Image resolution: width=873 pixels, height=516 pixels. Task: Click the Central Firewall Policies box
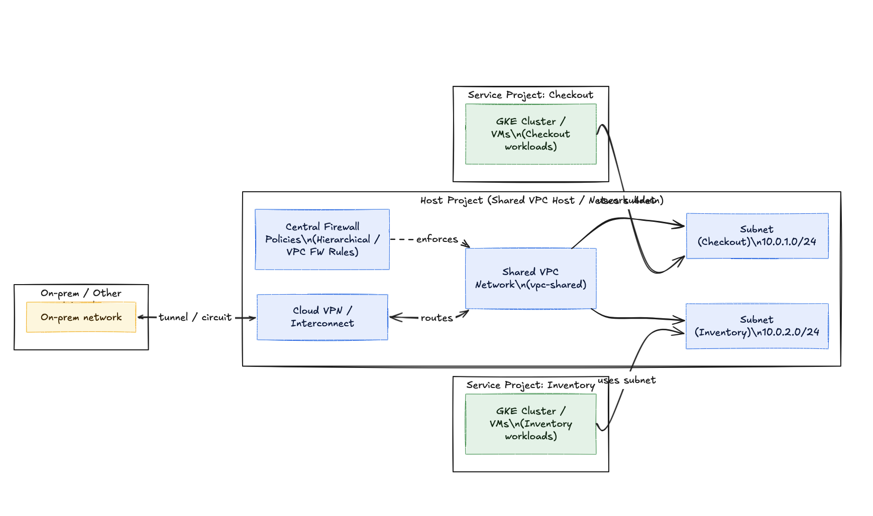pos(322,239)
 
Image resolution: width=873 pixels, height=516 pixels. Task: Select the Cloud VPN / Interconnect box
pos(322,317)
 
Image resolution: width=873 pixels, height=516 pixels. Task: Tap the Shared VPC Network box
pos(530,278)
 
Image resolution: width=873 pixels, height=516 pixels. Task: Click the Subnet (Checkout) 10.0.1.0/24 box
pos(756,235)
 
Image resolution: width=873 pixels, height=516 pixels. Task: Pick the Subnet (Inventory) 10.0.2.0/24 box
pos(756,326)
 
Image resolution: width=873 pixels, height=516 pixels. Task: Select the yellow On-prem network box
pos(81,317)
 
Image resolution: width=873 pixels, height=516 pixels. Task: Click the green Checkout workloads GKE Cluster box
pos(530,134)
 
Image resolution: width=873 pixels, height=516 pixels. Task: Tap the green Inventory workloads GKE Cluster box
pos(530,424)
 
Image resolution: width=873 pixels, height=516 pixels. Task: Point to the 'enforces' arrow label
pos(436,239)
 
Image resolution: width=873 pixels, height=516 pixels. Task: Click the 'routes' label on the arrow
pos(436,318)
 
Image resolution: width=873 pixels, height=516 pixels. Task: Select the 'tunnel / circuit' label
pos(195,317)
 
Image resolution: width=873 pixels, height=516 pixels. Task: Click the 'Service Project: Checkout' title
pos(530,95)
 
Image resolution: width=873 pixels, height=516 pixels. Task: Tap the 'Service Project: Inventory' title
pos(530,385)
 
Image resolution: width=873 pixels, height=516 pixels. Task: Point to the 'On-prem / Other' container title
pos(81,293)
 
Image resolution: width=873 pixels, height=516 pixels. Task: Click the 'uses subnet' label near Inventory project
pos(627,380)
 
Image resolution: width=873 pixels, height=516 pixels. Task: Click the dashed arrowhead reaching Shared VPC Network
pos(467,244)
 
